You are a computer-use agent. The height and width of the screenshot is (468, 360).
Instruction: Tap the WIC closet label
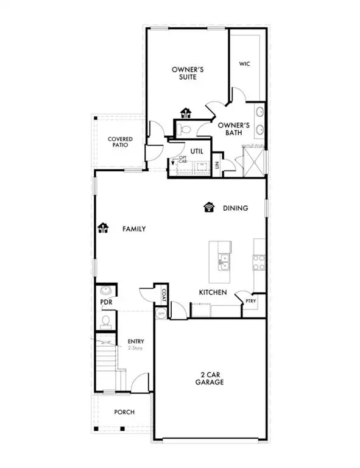(245, 63)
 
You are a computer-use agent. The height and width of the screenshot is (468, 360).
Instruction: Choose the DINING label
(235, 208)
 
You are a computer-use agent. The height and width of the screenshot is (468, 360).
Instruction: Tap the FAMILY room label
(134, 229)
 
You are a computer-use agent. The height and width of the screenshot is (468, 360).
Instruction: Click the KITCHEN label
(213, 292)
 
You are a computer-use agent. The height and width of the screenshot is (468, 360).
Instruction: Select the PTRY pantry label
(251, 300)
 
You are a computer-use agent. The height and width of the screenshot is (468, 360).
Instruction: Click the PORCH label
(125, 412)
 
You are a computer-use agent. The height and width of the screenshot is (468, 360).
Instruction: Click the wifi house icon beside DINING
(210, 207)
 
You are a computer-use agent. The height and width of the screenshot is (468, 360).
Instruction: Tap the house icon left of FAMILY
(103, 229)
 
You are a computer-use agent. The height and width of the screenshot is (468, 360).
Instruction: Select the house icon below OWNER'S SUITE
(186, 113)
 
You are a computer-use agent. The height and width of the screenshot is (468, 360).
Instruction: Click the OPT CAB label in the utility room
(182, 160)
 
